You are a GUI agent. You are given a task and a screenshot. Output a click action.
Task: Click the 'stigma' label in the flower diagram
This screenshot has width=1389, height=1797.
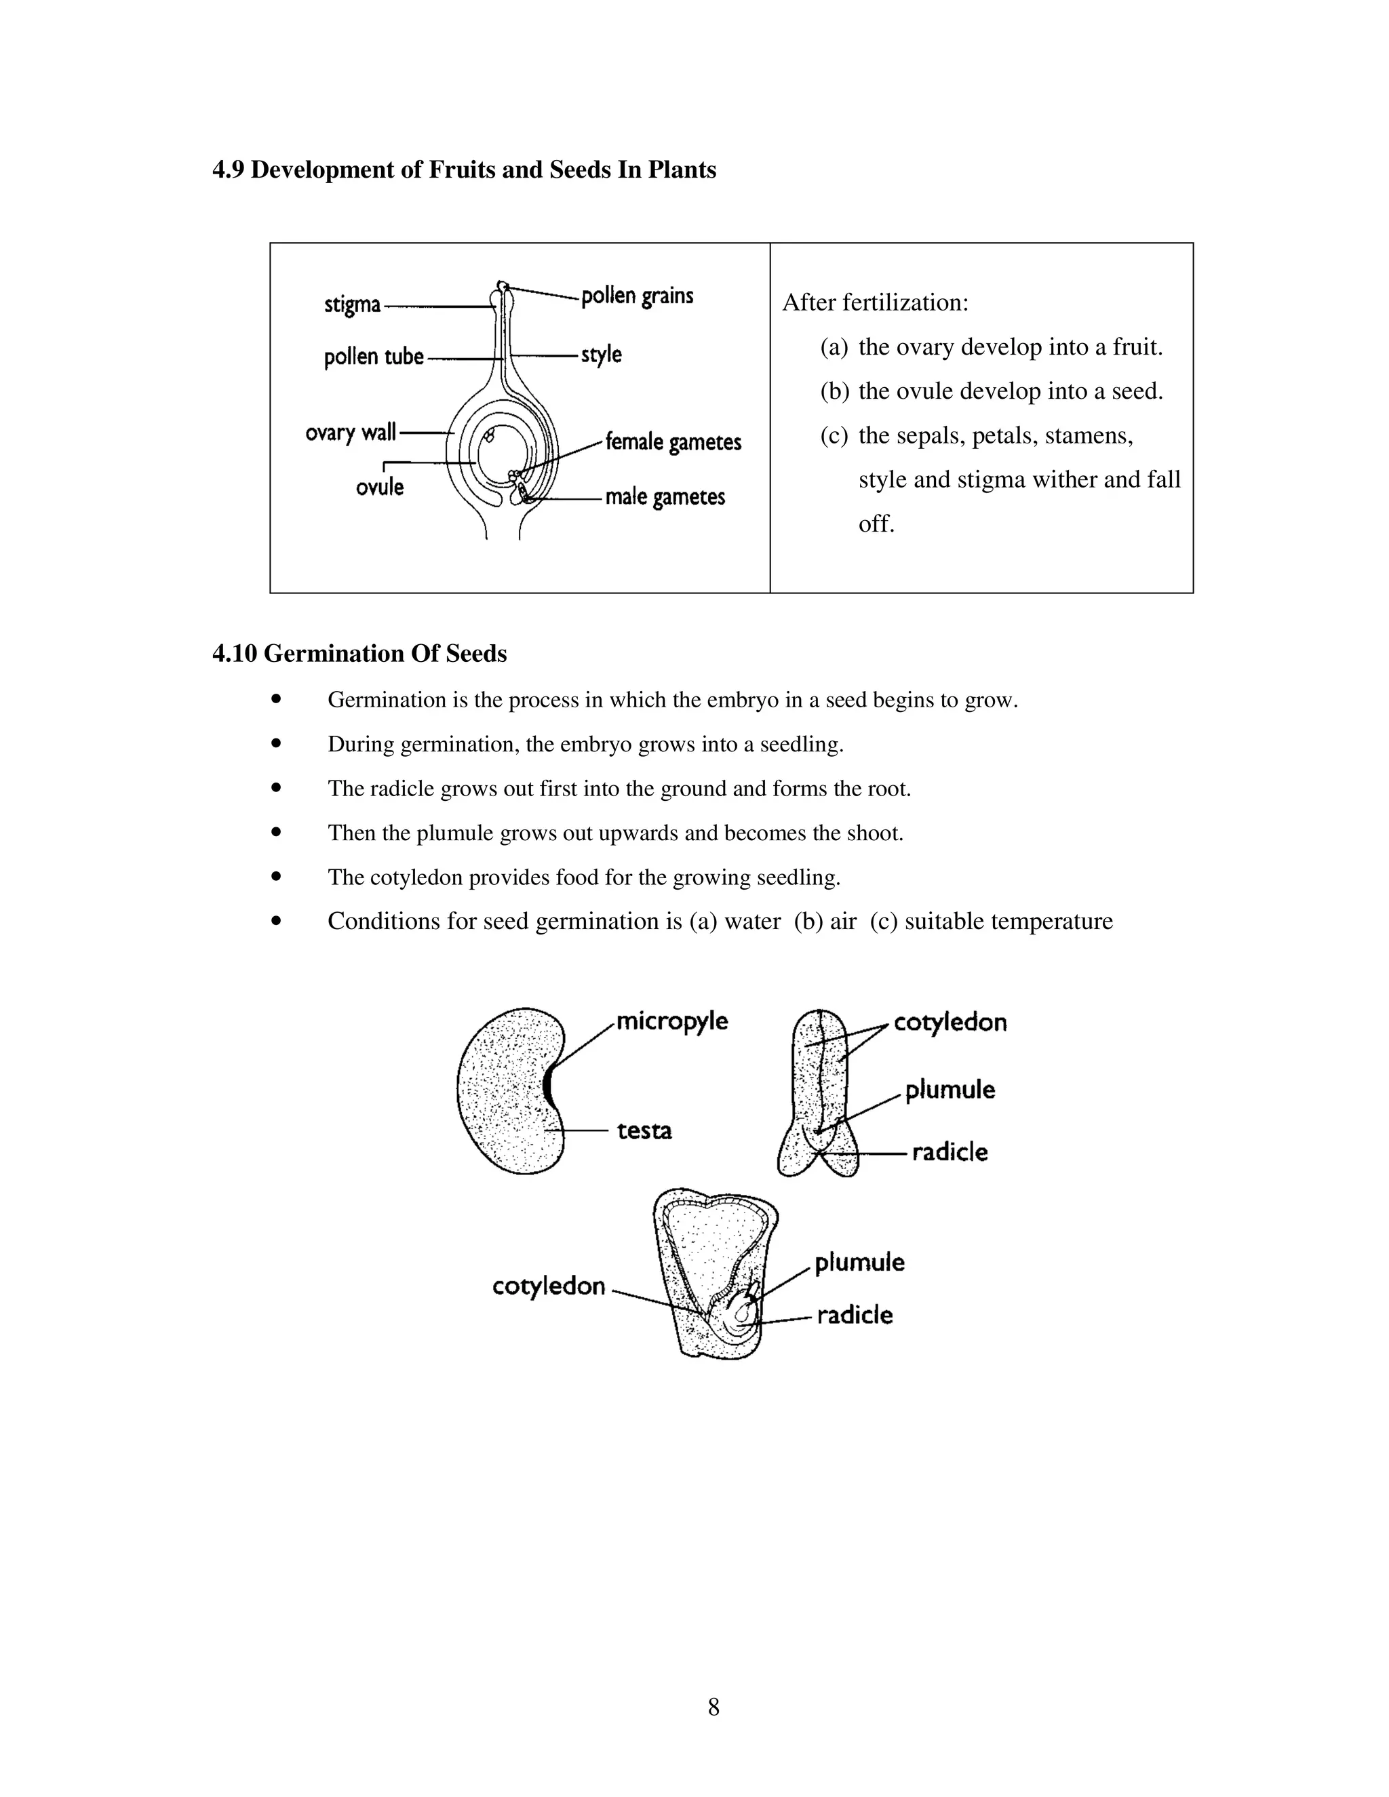pos(352,305)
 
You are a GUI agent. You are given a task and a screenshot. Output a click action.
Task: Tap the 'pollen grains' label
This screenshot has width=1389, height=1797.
pos(637,296)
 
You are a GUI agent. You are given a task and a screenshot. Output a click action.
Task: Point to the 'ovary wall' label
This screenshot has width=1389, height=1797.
pos(351,433)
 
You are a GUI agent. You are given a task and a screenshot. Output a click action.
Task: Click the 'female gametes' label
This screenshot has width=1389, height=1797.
pos(673,443)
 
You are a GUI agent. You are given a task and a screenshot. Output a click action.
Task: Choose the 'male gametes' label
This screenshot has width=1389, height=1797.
pos(665,497)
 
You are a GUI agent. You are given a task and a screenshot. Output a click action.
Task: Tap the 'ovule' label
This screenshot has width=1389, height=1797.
pos(379,487)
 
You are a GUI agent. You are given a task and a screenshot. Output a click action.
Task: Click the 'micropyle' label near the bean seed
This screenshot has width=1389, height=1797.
pos(671,1021)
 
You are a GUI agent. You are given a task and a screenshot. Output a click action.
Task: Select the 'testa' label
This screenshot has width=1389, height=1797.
pos(644,1130)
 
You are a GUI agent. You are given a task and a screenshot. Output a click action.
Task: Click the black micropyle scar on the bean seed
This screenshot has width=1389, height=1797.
pos(549,1087)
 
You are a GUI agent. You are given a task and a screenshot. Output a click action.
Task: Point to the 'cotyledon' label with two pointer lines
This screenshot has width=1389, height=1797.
pos(950,1023)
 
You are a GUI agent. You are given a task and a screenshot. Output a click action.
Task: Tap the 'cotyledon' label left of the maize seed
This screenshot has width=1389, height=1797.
pos(549,1286)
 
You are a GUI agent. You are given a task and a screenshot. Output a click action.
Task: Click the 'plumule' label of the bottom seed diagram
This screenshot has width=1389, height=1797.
pos(859,1262)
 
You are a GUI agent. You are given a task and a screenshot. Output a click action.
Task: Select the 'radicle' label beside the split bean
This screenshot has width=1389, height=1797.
pos(950,1152)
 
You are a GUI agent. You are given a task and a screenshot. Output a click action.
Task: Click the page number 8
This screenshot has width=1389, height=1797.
pos(713,1707)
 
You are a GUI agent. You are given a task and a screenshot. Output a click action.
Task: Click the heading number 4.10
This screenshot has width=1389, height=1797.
pos(235,653)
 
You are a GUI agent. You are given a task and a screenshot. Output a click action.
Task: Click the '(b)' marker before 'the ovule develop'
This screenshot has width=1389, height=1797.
pos(834,391)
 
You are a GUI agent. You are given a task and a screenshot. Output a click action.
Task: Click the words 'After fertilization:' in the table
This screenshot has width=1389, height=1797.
pos(875,303)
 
